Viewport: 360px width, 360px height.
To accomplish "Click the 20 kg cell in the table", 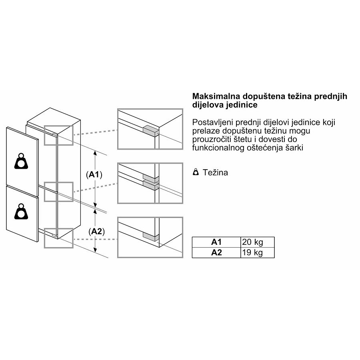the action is tap(257, 242).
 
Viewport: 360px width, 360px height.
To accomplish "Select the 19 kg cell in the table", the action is tap(257, 252).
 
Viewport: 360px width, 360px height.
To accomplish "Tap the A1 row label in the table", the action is tap(216, 242).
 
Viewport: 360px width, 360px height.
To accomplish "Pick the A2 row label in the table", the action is tap(216, 252).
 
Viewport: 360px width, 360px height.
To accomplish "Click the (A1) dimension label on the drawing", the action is tap(94, 175).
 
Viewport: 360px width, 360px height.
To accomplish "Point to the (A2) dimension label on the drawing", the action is tap(96, 232).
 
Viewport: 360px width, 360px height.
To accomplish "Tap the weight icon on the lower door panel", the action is tap(21, 211).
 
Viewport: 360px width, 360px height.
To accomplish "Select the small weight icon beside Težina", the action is tap(196, 172).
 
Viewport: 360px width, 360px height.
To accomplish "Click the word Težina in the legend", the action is tap(215, 172).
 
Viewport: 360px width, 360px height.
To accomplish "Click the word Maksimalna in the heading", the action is tap(216, 96).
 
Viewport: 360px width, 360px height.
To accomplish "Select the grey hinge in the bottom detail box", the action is tap(151, 236).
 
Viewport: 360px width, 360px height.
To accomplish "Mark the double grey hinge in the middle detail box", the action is tap(151, 182).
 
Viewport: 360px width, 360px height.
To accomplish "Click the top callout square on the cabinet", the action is tap(58, 135).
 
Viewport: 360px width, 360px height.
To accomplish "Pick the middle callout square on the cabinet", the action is tap(58, 192).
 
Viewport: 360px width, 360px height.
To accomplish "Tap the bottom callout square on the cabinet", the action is tap(58, 238).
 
